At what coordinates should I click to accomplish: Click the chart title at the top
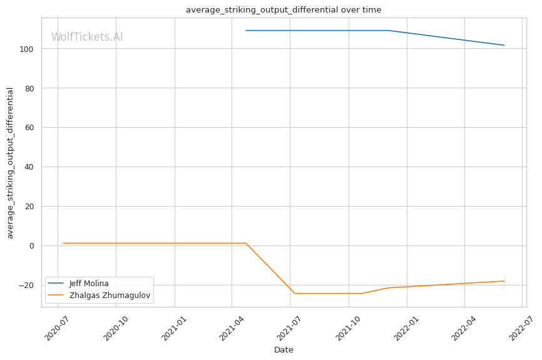(283, 10)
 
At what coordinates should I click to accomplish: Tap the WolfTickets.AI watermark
(87, 37)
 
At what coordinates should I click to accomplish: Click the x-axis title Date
(283, 350)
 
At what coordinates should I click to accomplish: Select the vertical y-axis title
(10, 163)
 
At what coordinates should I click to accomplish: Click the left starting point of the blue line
(246, 31)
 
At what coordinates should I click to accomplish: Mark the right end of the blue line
(504, 45)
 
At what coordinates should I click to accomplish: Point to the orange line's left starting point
(63, 243)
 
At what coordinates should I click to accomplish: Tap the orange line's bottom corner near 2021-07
(295, 293)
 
